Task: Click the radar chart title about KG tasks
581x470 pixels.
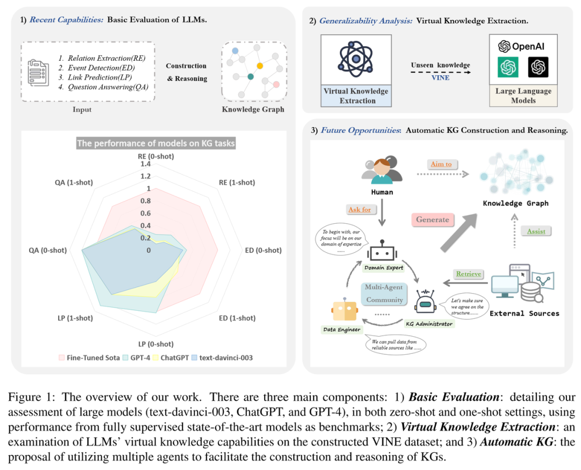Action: click(x=156, y=144)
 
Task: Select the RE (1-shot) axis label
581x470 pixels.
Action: click(x=237, y=182)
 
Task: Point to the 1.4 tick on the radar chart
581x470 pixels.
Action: click(x=145, y=163)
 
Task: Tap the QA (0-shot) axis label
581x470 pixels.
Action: click(x=48, y=251)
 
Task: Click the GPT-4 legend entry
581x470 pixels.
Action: click(x=137, y=358)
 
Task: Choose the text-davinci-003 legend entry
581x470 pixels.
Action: click(x=222, y=358)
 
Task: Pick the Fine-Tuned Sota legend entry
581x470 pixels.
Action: click(x=89, y=358)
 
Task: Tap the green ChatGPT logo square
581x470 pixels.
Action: click(x=508, y=67)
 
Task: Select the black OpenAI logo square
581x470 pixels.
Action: click(x=538, y=67)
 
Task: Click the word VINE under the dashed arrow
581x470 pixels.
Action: click(x=440, y=78)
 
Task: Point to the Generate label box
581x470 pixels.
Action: click(x=433, y=219)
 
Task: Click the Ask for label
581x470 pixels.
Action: click(x=359, y=210)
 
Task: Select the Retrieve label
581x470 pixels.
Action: click(x=469, y=274)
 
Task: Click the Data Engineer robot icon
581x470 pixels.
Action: click(x=345, y=309)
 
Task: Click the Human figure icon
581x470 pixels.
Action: click(x=382, y=171)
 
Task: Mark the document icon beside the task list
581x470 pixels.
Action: click(x=38, y=73)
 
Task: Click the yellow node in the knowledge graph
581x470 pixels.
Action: click(x=260, y=66)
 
